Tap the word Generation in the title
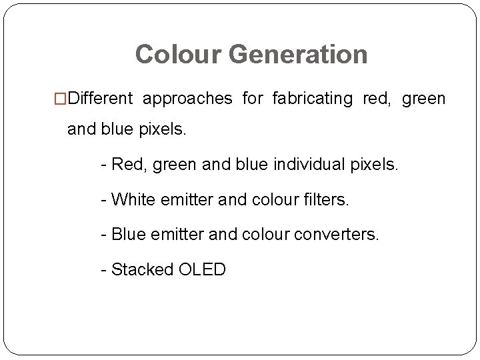[x=299, y=55]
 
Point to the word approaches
[x=187, y=99]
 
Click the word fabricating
[x=312, y=99]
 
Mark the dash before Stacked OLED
[x=104, y=271]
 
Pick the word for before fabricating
[x=252, y=99]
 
